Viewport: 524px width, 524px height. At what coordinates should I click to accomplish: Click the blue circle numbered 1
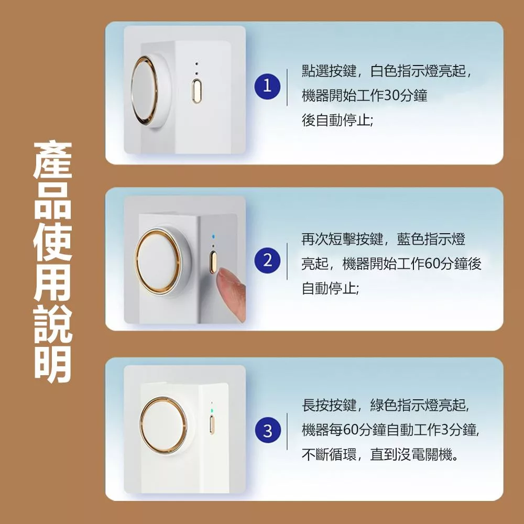pyautogui.click(x=267, y=86)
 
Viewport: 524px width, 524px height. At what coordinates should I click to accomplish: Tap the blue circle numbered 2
pyautogui.click(x=267, y=260)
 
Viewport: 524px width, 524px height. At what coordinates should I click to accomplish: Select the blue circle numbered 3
pyautogui.click(x=267, y=431)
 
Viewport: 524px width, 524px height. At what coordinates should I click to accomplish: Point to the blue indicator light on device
pyautogui.click(x=214, y=237)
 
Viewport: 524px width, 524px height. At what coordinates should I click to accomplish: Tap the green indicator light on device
pyautogui.click(x=212, y=410)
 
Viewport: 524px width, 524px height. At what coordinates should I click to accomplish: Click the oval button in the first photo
pyautogui.click(x=196, y=90)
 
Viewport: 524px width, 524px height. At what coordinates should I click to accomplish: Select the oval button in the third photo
pyautogui.click(x=212, y=424)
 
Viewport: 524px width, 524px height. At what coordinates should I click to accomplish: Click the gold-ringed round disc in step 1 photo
pyautogui.click(x=145, y=91)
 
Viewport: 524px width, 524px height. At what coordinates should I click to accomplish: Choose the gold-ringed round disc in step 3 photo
pyautogui.click(x=163, y=425)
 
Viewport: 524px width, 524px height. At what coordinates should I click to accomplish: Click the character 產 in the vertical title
pyautogui.click(x=53, y=160)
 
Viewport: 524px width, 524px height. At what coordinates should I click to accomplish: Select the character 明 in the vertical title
pyautogui.click(x=53, y=365)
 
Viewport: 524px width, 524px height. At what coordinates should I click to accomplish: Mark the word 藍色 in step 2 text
pyautogui.click(x=411, y=239)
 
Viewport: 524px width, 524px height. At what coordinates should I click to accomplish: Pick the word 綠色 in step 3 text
pyautogui.click(x=384, y=405)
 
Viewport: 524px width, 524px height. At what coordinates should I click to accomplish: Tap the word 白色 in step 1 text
pyautogui.click(x=384, y=71)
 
